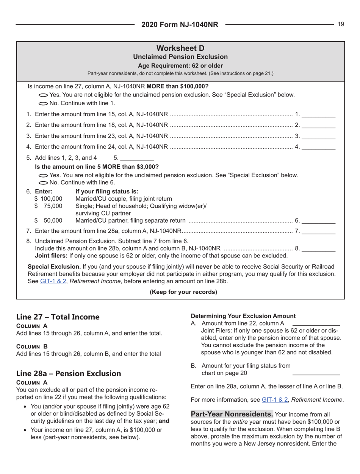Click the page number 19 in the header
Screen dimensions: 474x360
coord(341,25)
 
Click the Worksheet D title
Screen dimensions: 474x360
coord(180,49)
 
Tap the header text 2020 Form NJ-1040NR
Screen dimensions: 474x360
coord(180,25)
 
